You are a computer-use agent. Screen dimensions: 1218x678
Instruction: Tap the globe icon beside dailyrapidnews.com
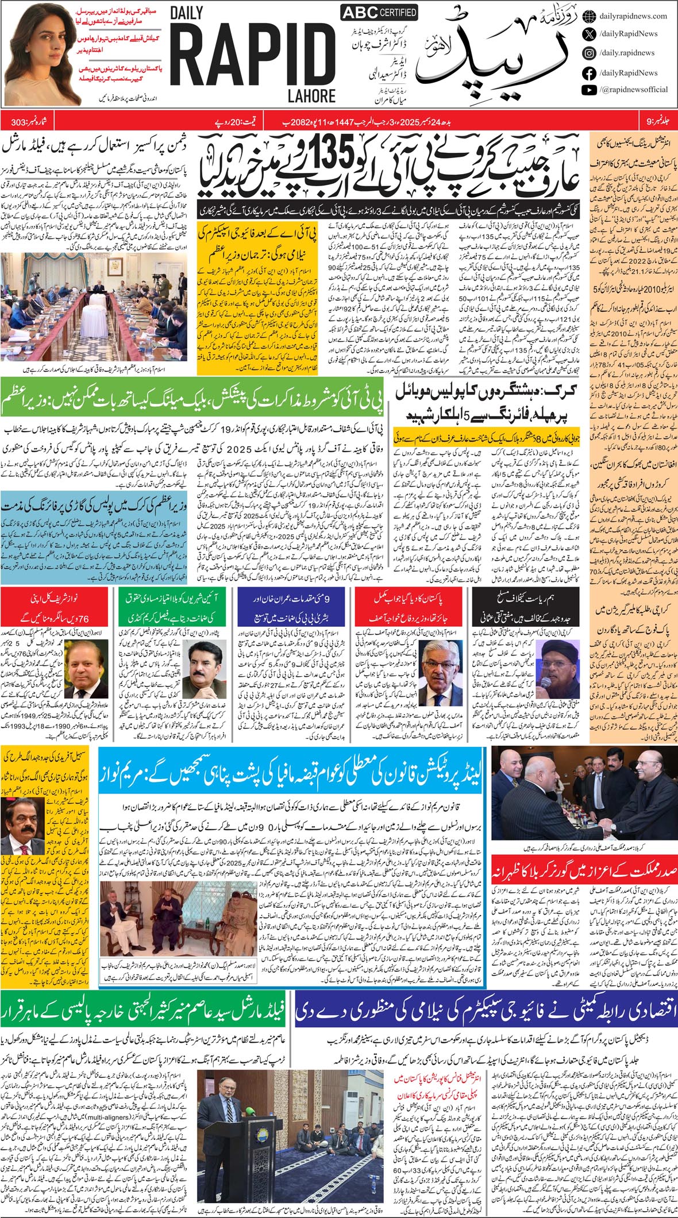click(588, 16)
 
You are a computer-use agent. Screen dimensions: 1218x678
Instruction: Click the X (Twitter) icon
click(588, 34)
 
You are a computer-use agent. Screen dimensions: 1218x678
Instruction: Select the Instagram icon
click(588, 53)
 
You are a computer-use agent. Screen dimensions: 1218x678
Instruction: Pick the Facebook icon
click(588, 72)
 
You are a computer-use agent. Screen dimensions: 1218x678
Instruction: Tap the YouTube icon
click(588, 90)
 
